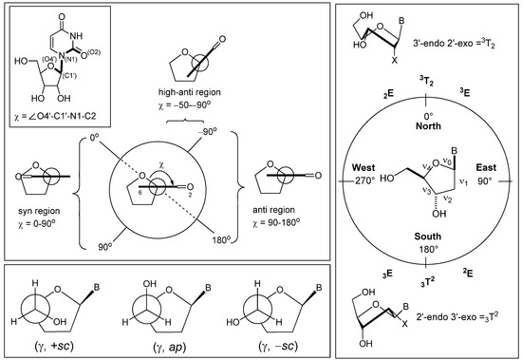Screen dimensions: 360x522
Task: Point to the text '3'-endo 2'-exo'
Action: (437, 46)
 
